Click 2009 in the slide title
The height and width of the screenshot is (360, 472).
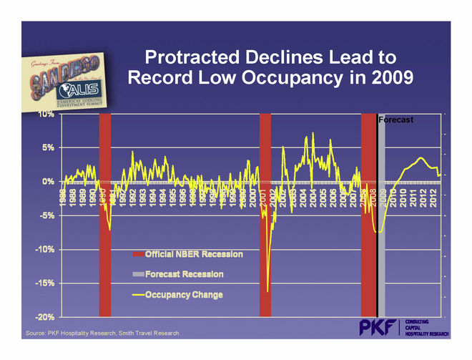tap(388, 77)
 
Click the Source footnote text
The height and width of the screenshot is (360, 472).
tap(102, 334)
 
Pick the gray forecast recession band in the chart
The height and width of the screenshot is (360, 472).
tap(381, 215)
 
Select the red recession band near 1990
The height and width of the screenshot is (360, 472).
tap(104, 215)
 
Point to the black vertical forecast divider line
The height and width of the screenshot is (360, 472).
tap(376, 215)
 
